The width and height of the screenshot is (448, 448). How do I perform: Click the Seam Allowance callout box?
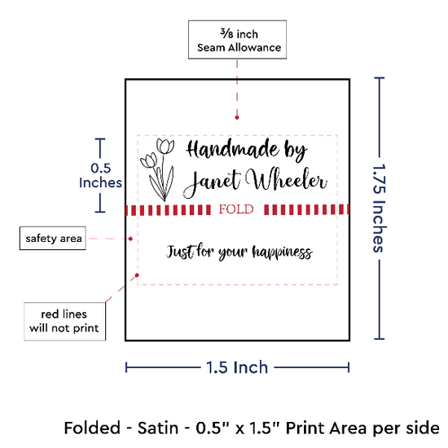(237, 39)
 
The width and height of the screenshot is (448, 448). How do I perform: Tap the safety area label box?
(53, 238)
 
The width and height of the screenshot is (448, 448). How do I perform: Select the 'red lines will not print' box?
(64, 322)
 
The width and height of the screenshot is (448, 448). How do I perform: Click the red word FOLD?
(236, 209)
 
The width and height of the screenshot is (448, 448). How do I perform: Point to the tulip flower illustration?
(158, 169)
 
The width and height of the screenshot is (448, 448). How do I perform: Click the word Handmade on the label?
(232, 149)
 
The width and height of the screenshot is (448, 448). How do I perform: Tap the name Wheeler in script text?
(287, 179)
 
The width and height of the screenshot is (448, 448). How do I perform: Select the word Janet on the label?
(212, 182)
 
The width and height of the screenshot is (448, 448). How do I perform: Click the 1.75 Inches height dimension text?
(380, 209)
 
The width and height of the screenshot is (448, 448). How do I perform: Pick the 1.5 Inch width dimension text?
(237, 367)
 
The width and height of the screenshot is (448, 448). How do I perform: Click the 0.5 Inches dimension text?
(100, 175)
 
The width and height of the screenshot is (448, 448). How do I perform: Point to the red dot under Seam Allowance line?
(237, 117)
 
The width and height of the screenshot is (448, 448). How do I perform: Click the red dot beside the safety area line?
(130, 239)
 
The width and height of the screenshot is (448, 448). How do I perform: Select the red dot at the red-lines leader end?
(137, 275)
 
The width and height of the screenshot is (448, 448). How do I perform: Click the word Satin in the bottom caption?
(158, 428)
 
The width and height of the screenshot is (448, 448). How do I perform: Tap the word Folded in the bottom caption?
(92, 428)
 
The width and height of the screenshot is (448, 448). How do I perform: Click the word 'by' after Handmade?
(296, 151)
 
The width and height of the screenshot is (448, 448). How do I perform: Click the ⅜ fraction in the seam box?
(226, 33)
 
